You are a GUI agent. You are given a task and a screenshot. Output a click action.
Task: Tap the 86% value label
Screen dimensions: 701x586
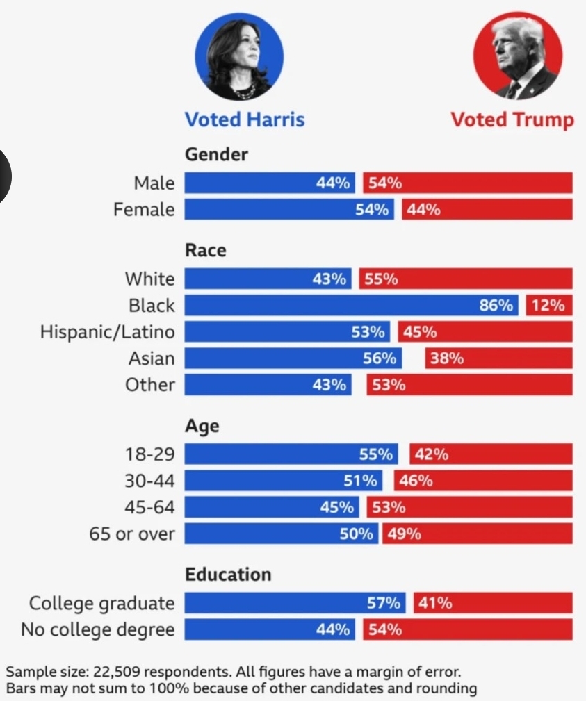496,305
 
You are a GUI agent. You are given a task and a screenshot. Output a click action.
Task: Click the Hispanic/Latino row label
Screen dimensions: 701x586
107,331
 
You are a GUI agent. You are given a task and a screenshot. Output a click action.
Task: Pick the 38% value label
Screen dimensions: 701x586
447,358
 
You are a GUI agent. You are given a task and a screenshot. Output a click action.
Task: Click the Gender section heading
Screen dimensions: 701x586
216,154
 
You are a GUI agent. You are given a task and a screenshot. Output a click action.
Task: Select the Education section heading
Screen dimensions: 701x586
228,575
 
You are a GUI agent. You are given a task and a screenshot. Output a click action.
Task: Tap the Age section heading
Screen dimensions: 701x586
202,426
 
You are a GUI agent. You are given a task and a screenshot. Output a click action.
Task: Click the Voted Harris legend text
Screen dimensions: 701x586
244,119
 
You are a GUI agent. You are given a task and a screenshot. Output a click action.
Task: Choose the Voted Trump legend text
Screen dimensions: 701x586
512,119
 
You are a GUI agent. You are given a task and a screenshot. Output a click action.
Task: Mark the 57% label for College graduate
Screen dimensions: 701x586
384,604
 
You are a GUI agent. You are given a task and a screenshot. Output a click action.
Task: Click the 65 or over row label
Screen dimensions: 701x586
132,534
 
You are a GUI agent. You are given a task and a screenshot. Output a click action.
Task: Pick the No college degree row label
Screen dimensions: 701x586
97,630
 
